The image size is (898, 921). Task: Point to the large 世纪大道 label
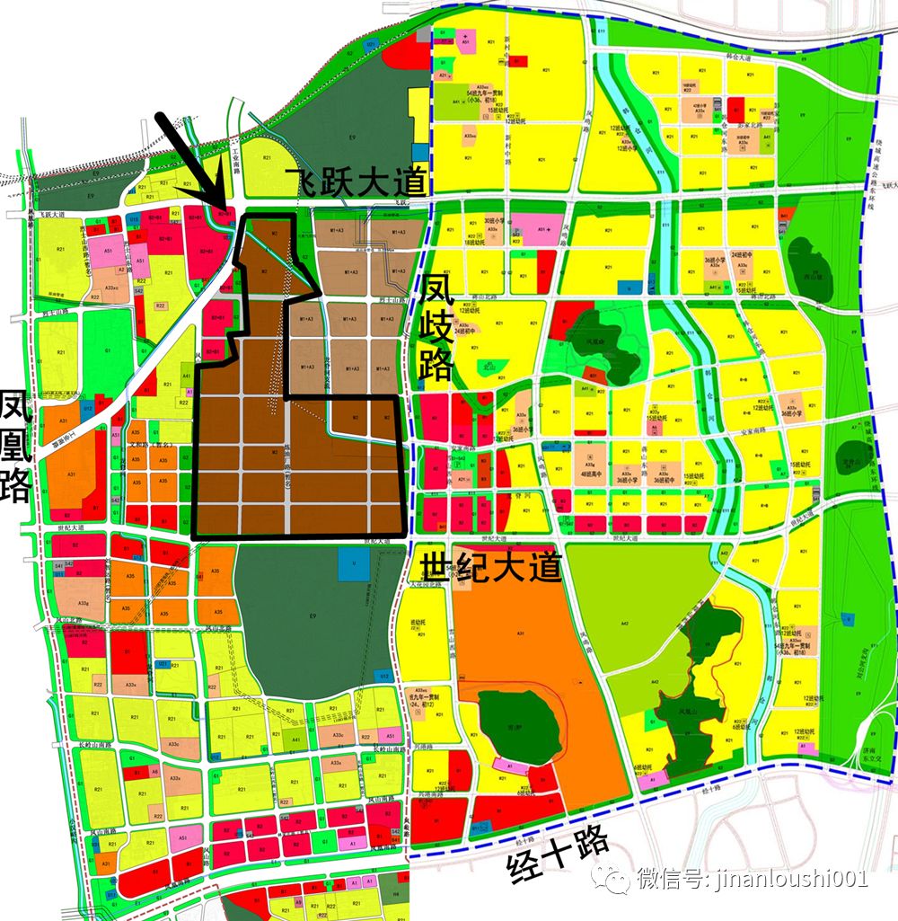pos(487,567)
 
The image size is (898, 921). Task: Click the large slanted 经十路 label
pos(558,858)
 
